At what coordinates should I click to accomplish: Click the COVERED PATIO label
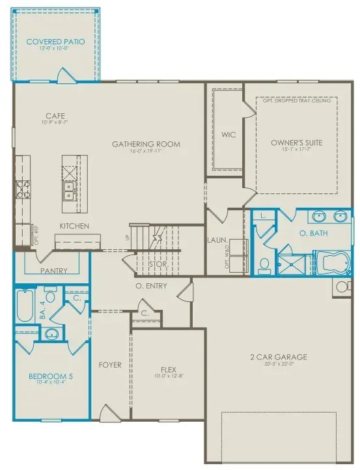55,42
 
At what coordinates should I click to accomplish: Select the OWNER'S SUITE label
296,143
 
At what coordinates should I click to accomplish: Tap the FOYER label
110,365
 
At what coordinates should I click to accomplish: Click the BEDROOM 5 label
47,376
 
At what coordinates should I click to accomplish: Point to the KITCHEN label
74,226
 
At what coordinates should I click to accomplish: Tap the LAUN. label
217,240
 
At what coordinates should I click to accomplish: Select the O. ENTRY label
151,286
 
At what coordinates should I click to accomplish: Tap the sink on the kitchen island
68,191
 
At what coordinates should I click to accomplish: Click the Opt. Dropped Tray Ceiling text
297,101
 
